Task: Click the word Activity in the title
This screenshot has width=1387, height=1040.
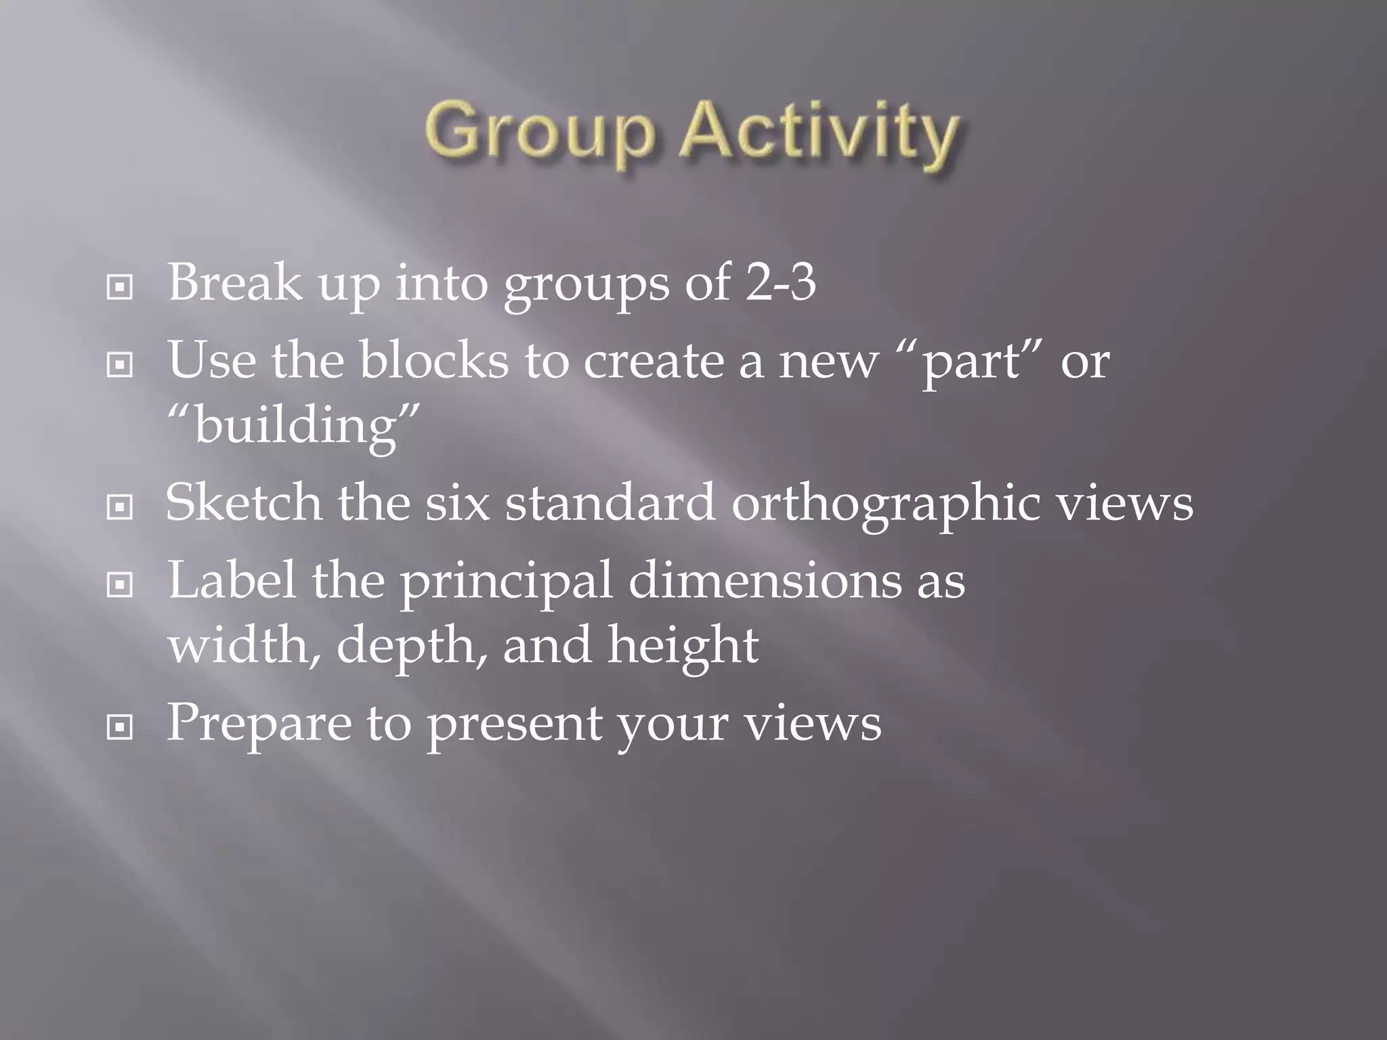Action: (819, 132)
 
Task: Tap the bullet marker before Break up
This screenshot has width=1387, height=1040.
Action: (120, 288)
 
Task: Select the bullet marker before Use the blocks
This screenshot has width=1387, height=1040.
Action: (120, 366)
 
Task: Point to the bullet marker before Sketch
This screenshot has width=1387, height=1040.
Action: (120, 507)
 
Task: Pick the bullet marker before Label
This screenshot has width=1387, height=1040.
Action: (120, 585)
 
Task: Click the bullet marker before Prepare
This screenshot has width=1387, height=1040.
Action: (120, 728)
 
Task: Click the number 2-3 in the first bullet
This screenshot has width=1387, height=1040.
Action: (781, 282)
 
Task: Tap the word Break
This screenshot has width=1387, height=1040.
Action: (234, 282)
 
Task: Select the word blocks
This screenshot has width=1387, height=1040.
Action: (433, 360)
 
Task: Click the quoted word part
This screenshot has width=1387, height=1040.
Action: (972, 362)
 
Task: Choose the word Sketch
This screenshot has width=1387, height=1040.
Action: (244, 502)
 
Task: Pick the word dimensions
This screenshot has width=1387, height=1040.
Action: (765, 581)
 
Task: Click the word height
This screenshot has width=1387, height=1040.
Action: (683, 646)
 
